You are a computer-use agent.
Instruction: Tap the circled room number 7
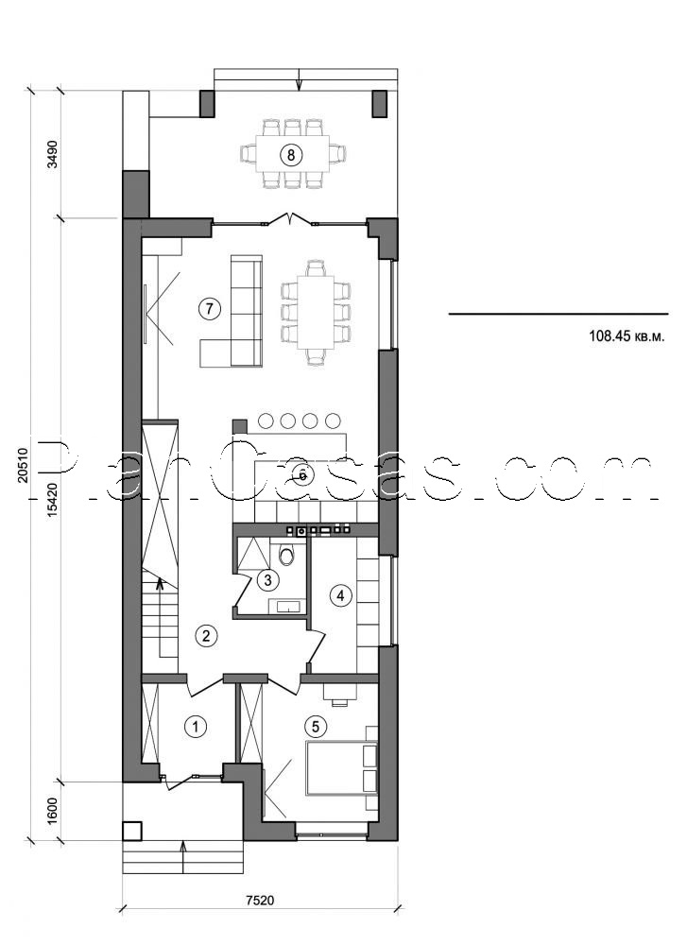click(x=210, y=307)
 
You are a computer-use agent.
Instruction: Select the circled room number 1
click(x=195, y=727)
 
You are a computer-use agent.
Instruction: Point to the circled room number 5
click(x=316, y=726)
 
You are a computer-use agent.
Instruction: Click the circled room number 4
click(x=339, y=595)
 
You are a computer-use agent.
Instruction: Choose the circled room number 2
click(x=207, y=634)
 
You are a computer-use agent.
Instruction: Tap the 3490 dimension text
click(x=54, y=154)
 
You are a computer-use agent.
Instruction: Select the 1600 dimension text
click(x=54, y=810)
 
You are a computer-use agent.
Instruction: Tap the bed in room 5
click(x=340, y=768)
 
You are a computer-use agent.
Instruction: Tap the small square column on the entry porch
click(x=132, y=831)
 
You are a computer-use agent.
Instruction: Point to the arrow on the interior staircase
click(x=159, y=586)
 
